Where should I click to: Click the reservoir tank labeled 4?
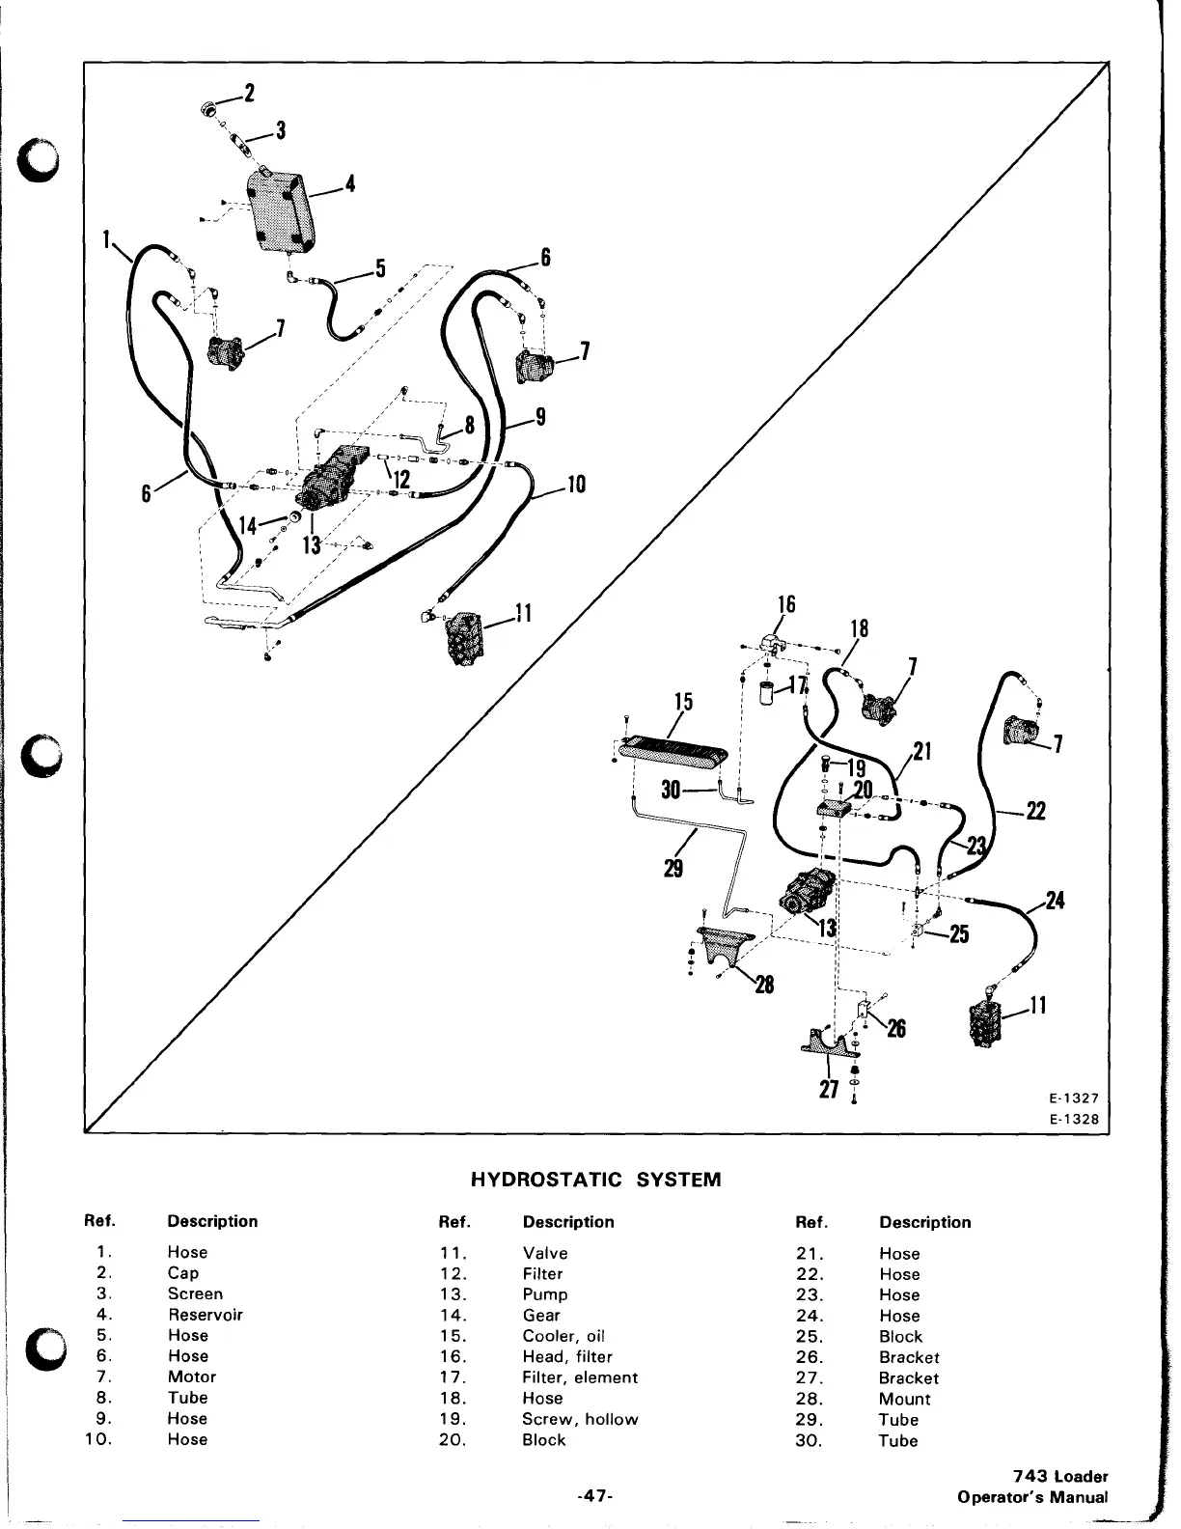pyautogui.click(x=280, y=210)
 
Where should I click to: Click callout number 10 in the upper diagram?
pyautogui.click(x=575, y=484)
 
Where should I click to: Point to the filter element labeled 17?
pyautogui.click(x=768, y=693)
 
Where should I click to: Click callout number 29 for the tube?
pyautogui.click(x=673, y=869)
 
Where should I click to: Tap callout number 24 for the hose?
pyautogui.click(x=1055, y=901)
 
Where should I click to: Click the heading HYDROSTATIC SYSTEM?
pyautogui.click(x=595, y=1180)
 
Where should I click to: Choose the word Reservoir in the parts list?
pyautogui.click(x=206, y=1315)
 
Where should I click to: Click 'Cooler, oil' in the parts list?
pyautogui.click(x=563, y=1336)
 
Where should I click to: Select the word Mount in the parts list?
pyautogui.click(x=905, y=1399)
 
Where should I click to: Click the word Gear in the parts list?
pyautogui.click(x=541, y=1315)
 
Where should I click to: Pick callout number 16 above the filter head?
pyautogui.click(x=786, y=605)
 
